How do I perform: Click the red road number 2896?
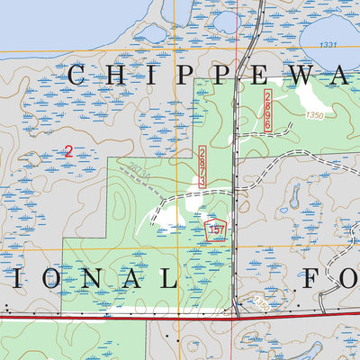268,111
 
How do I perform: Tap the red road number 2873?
202,166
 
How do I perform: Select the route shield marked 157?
215,229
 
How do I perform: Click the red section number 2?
68,152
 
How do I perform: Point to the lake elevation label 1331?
327,45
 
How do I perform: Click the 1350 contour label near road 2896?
314,114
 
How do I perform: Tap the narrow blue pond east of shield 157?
294,193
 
